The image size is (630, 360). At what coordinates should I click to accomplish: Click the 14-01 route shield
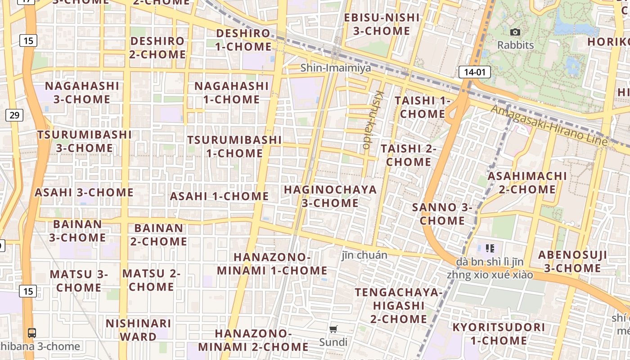click(474, 72)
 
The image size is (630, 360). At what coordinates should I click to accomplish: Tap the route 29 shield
click(14, 115)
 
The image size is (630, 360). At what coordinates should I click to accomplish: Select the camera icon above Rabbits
click(515, 32)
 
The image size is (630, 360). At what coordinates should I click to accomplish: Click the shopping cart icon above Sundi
click(333, 329)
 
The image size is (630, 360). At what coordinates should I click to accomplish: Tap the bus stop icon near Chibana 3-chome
click(32, 333)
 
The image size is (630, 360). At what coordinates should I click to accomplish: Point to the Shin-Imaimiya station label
click(336, 68)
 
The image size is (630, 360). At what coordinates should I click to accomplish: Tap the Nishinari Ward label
click(138, 330)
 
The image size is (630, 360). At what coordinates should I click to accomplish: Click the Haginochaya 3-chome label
click(330, 196)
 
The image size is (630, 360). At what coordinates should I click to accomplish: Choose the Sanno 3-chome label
click(442, 214)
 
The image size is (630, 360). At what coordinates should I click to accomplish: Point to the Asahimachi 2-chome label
click(527, 182)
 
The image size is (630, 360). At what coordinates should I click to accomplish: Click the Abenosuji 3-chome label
click(572, 261)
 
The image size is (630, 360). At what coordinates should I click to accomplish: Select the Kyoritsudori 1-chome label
click(499, 333)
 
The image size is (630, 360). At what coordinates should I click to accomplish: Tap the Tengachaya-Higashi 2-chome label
click(398, 306)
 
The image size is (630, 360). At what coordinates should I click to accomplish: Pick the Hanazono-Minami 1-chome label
click(272, 264)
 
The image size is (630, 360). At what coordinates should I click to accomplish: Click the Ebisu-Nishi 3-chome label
click(382, 24)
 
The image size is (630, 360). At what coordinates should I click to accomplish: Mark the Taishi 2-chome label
click(409, 155)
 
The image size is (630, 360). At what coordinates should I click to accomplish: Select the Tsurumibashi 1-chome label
click(234, 146)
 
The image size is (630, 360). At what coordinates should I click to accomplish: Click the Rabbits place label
click(515, 45)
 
